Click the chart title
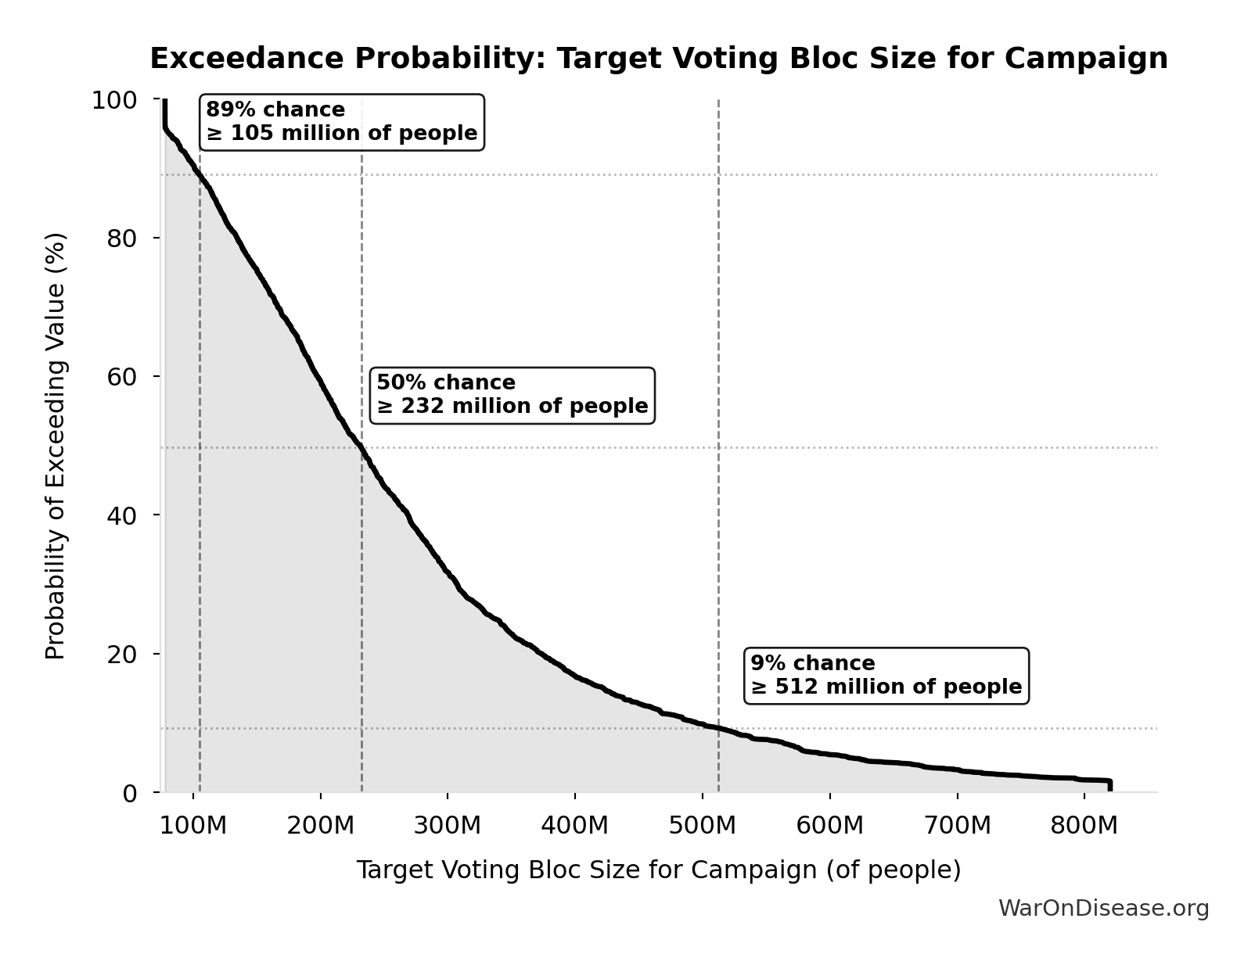click(x=658, y=59)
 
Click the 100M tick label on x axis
click(x=193, y=826)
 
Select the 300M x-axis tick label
click(x=448, y=826)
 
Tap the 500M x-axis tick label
click(x=702, y=826)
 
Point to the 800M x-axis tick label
click(x=1084, y=826)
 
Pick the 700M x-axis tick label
click(x=957, y=826)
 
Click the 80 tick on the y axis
click(x=122, y=238)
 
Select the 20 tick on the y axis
click(x=122, y=654)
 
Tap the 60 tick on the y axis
click(x=122, y=376)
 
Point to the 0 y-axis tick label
click(x=130, y=793)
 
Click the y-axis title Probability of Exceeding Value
click(x=56, y=446)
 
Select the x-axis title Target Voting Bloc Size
click(x=658, y=870)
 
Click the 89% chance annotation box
click(x=342, y=122)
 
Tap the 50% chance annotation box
click(x=512, y=395)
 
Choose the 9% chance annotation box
click(x=886, y=676)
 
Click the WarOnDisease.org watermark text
click(x=1103, y=909)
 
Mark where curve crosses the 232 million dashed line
click(x=361, y=447)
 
